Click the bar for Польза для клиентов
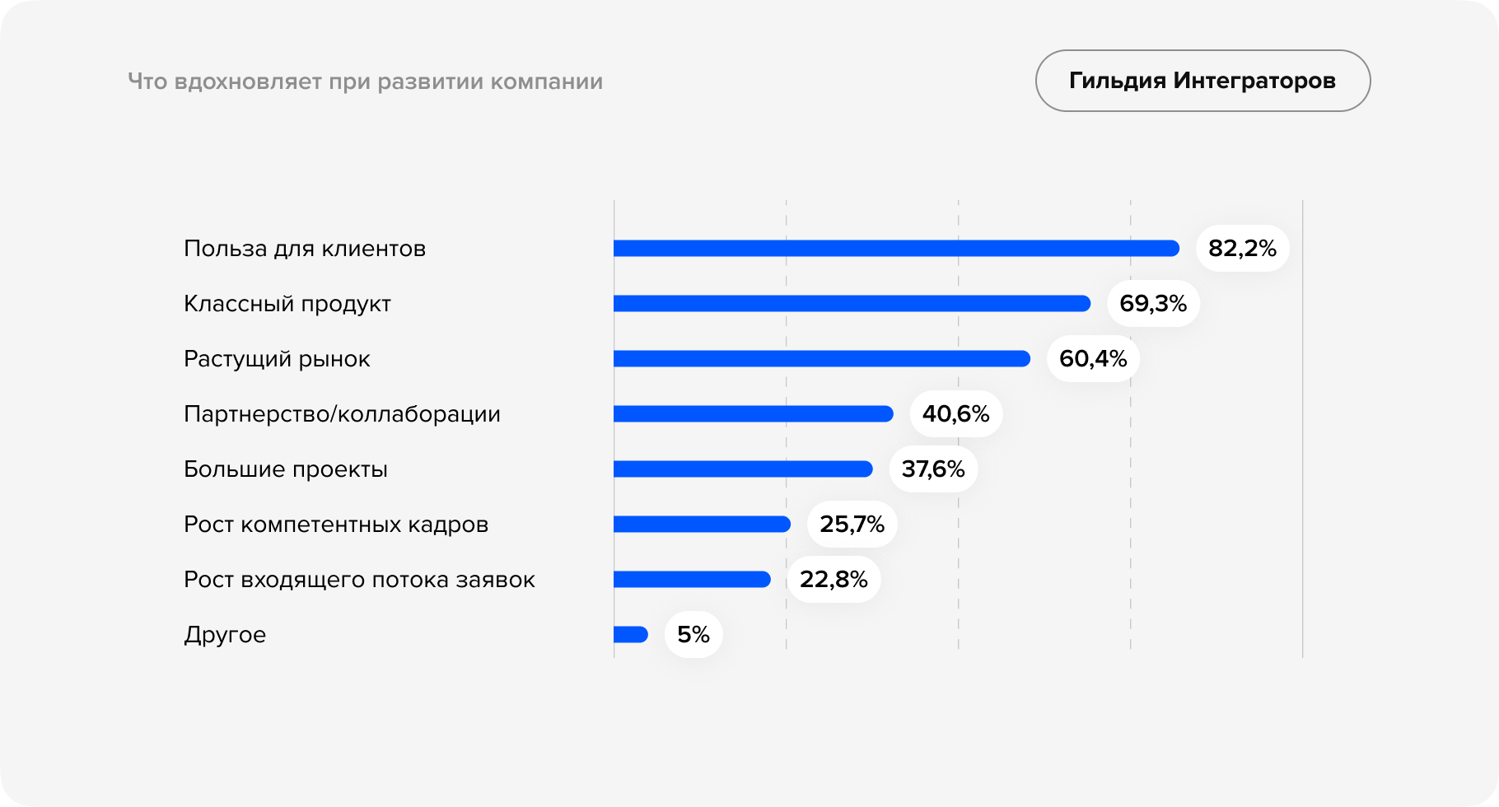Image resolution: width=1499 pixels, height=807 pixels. pos(896,249)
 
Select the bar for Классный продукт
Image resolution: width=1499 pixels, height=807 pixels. pos(852,304)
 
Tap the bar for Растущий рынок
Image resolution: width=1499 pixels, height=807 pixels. pos(822,359)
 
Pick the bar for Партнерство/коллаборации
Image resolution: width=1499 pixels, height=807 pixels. pos(753,414)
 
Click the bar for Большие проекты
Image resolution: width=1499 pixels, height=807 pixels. pos(743,469)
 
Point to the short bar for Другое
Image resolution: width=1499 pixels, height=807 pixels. pos(631,635)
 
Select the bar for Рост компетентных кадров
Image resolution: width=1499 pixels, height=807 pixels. pos(702,525)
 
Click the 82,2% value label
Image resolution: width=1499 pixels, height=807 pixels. pos(1242,249)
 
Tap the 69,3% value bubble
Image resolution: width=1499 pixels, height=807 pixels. pos(1153,304)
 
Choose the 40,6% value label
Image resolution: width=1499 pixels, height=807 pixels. pos(955,414)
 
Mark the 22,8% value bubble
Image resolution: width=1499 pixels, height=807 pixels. pos(834,580)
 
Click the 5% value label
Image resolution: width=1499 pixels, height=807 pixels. pos(693,635)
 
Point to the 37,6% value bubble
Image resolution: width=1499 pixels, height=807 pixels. pos(933,469)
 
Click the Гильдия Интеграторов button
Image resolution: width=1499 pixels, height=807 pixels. pos(1202,81)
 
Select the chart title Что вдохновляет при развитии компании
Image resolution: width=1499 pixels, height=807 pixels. pos(365,82)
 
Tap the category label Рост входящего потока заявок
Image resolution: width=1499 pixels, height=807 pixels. pos(359,580)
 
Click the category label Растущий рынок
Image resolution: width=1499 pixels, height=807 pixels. pos(277,359)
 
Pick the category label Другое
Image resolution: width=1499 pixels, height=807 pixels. pos(225,635)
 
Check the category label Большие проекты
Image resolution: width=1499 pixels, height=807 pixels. pos(285,469)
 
